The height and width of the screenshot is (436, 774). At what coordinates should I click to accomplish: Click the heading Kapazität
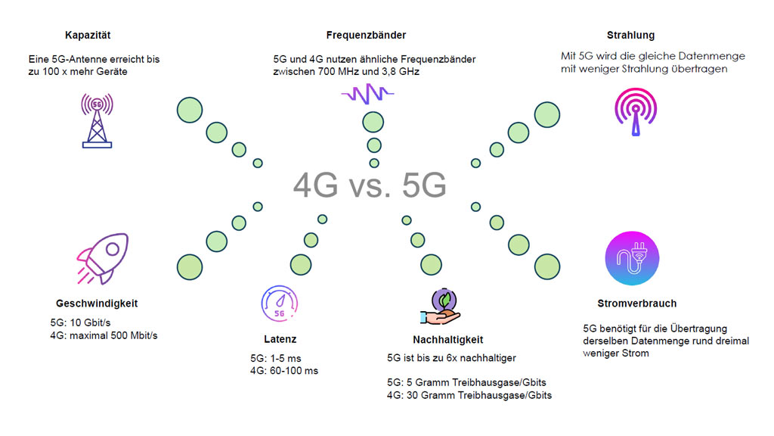tap(88, 35)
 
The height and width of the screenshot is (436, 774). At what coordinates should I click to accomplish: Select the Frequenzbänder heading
tap(366, 35)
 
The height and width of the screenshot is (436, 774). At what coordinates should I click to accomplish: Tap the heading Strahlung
tap(630, 35)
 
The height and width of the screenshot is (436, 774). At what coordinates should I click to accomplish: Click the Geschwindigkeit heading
tap(97, 304)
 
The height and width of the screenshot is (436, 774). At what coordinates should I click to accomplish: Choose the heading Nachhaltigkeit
tap(447, 340)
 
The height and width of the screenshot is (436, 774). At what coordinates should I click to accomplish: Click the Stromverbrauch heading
tap(636, 304)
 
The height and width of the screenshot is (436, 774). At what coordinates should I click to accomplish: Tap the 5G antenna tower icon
tap(97, 120)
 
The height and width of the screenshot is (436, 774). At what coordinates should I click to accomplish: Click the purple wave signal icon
tap(367, 93)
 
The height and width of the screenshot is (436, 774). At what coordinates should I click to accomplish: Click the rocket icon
tap(102, 257)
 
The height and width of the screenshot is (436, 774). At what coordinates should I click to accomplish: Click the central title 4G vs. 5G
tap(369, 185)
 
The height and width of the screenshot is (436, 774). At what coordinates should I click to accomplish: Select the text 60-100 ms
tap(294, 371)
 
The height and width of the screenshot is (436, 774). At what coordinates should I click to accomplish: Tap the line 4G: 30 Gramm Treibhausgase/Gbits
tap(469, 396)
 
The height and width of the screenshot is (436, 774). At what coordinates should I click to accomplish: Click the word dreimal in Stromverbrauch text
tap(732, 341)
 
